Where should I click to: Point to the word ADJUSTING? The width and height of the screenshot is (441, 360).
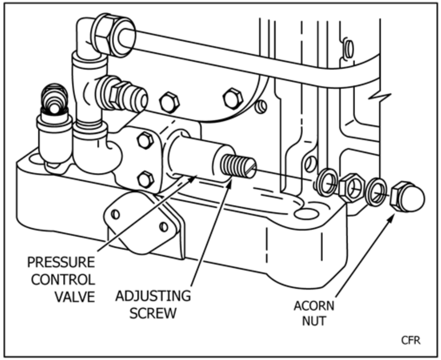coord(153,296)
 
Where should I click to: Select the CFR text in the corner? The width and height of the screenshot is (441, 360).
coord(410,340)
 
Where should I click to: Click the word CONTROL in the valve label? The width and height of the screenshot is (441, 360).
coord(63,280)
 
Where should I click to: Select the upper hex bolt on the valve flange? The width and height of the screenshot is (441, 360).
coord(145,140)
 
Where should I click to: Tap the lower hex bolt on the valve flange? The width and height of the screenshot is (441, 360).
coord(146,179)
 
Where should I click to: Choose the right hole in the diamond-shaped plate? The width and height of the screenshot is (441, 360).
coord(164,227)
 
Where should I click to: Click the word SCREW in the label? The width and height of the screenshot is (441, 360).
coord(153,314)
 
